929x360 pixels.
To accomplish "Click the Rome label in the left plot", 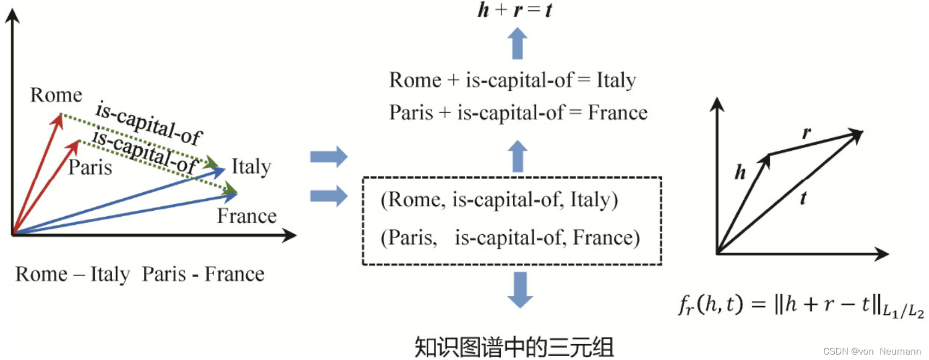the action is (56, 95).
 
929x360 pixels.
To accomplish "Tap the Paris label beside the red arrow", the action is (90, 167).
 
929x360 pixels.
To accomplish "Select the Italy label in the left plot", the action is (251, 167).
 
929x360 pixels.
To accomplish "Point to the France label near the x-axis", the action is (247, 216).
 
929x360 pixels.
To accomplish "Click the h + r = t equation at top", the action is (514, 10).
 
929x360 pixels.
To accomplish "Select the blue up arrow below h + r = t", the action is (517, 44).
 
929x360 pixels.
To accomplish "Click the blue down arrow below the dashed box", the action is (520, 289).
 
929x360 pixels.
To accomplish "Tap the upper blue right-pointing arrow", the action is (329, 157).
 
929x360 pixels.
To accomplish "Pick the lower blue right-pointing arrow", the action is (329, 196).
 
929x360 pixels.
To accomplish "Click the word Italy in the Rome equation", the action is (616, 81).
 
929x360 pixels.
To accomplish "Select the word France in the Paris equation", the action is (617, 113).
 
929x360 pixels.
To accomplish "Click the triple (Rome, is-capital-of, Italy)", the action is (499, 200).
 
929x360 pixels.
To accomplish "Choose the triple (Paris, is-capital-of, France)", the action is (510, 238).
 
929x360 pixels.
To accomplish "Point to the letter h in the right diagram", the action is (740, 172).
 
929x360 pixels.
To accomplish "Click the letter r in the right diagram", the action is (806, 132).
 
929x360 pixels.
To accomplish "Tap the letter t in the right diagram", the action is (803, 198).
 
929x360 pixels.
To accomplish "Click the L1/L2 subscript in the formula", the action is (903, 312).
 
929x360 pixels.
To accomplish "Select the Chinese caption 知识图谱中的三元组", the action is (514, 347).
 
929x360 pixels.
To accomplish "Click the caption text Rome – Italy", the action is (72, 274).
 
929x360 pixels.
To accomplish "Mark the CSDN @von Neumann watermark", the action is (872, 352).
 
